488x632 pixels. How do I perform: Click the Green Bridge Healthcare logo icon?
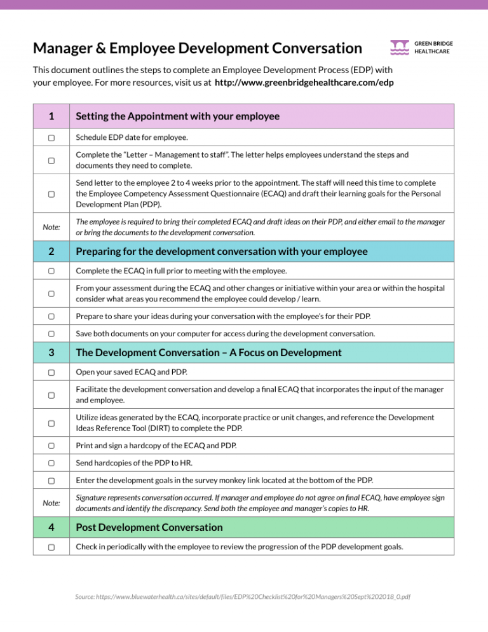(x=400, y=47)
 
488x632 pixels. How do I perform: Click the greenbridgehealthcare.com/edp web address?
(x=304, y=83)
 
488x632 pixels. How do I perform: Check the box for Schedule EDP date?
(x=50, y=137)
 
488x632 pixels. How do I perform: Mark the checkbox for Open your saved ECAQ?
(x=50, y=373)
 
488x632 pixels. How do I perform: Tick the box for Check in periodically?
(x=50, y=547)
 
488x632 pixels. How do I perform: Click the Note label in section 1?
(x=50, y=226)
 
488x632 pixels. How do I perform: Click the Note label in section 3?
(x=50, y=502)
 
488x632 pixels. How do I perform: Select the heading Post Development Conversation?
(x=149, y=527)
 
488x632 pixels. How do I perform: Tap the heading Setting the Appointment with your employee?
(x=177, y=116)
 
